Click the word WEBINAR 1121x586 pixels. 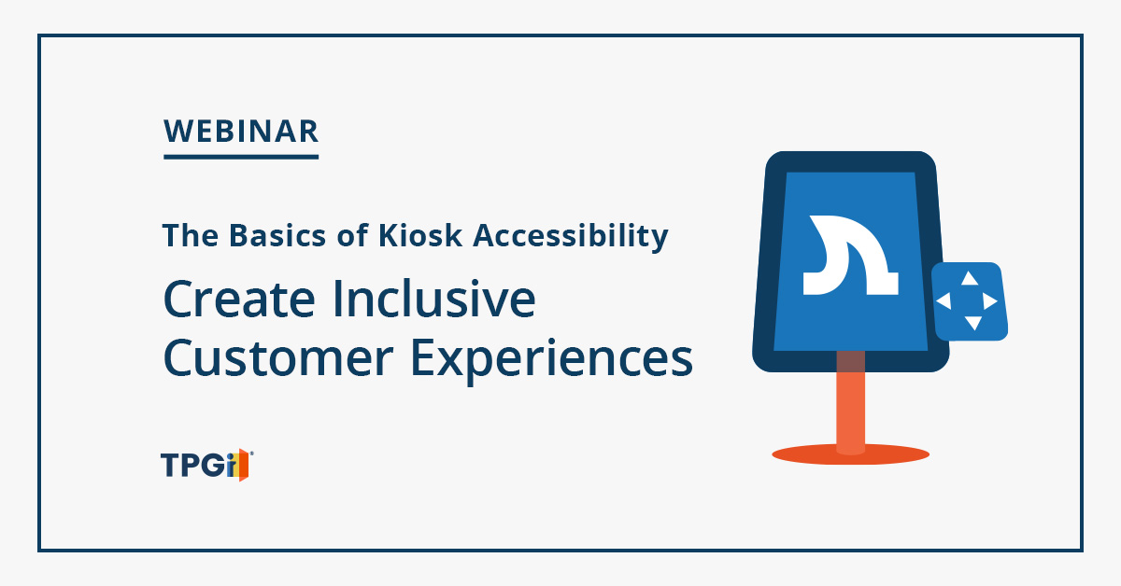[x=241, y=131]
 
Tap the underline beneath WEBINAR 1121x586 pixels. [x=241, y=157]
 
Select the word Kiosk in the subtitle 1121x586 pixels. [x=419, y=235]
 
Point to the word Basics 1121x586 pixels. [x=277, y=235]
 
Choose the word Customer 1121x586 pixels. [x=278, y=357]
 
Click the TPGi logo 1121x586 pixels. [x=206, y=465]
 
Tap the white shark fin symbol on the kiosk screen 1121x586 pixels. [x=850, y=255]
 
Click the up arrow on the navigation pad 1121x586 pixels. [x=970, y=278]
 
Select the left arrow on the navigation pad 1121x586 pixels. [x=944, y=301]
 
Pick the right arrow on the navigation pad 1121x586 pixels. [x=990, y=301]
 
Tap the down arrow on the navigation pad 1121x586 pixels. [x=972, y=323]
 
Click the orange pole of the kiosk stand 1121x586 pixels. [x=850, y=403]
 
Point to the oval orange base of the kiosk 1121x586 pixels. [x=851, y=455]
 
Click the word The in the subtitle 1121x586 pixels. [x=191, y=235]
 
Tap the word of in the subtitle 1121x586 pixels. [x=353, y=234]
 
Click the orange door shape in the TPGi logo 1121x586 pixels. [x=243, y=465]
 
